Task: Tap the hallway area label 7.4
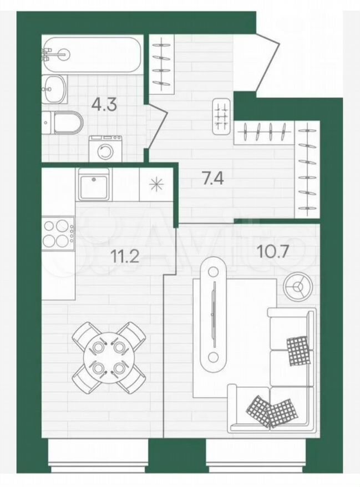tap(212, 179)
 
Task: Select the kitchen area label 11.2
tap(125, 256)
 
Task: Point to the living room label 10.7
tap(272, 251)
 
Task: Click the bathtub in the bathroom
tap(93, 55)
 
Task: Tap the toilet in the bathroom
tap(63, 123)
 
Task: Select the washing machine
tap(105, 149)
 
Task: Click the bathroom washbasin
tap(54, 89)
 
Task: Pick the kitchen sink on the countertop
tap(94, 185)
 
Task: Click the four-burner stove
tap(58, 233)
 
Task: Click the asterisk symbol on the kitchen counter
tap(156, 185)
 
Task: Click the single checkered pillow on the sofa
tap(298, 351)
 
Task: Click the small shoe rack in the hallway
tap(221, 116)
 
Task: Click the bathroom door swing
tap(157, 126)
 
